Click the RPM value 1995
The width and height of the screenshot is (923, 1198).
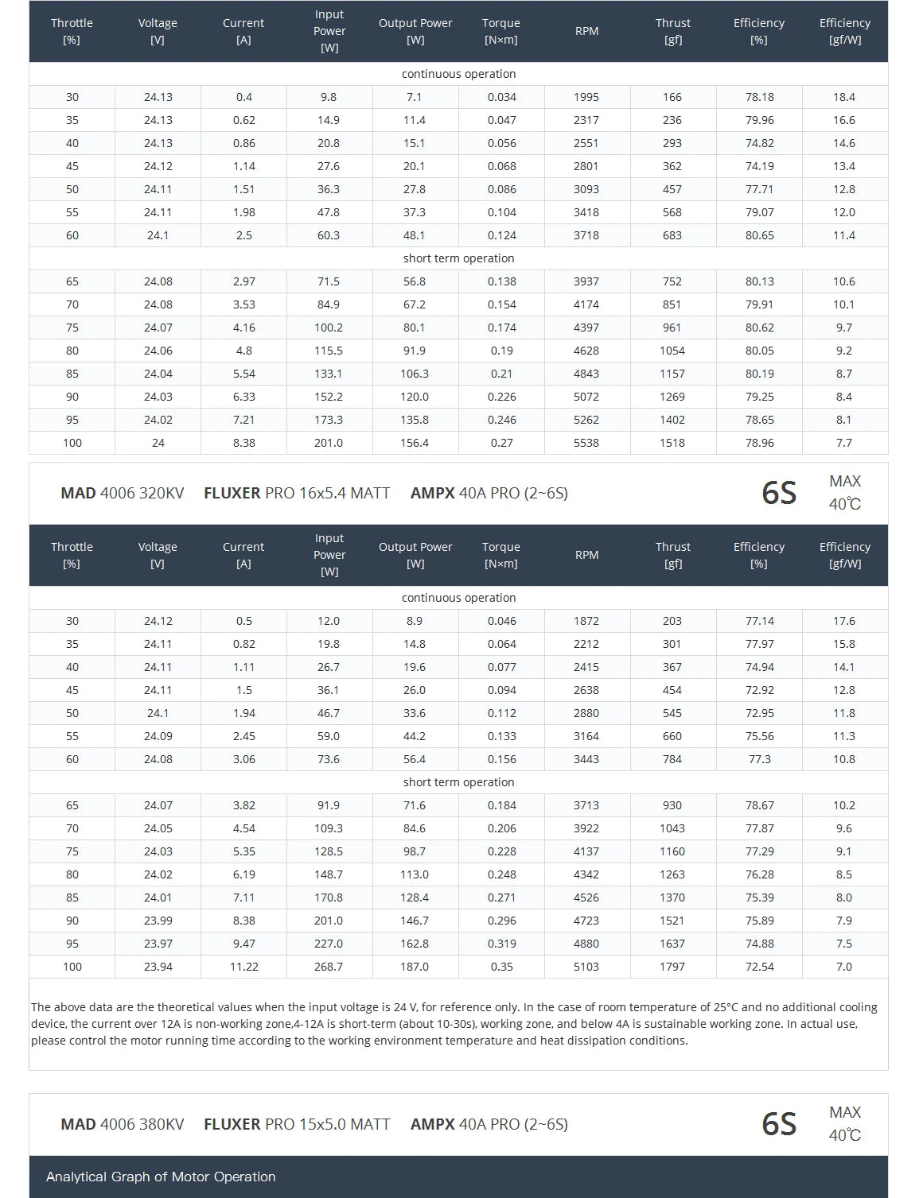click(x=586, y=97)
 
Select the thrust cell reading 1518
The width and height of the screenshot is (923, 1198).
click(x=672, y=443)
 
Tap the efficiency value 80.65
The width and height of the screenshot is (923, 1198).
click(x=759, y=235)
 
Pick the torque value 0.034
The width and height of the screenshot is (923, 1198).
click(x=501, y=97)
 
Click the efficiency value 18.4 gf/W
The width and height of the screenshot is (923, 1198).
click(x=844, y=97)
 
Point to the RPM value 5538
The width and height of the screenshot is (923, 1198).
click(x=586, y=443)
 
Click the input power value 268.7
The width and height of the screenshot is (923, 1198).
click(x=329, y=967)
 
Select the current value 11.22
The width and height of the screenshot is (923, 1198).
click(x=243, y=967)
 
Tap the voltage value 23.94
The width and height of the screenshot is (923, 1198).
click(x=158, y=967)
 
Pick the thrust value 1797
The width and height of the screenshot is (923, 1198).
click(x=672, y=967)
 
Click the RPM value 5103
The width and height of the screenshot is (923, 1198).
click(x=586, y=967)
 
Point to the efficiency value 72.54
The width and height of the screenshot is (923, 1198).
click(x=759, y=967)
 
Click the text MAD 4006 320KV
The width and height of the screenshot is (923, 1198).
click(x=122, y=493)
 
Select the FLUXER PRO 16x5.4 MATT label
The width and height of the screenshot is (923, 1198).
click(x=297, y=493)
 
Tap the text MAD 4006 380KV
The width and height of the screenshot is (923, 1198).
click(x=122, y=1124)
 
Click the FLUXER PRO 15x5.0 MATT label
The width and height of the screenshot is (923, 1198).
click(x=297, y=1124)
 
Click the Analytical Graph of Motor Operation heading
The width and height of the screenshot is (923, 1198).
click(x=161, y=1177)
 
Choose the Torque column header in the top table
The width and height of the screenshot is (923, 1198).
click(x=501, y=31)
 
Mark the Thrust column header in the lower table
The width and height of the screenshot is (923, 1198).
click(x=673, y=555)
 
